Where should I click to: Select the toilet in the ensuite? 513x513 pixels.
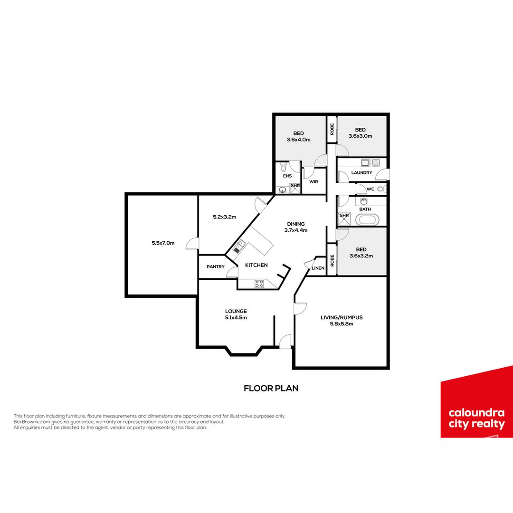(284, 167)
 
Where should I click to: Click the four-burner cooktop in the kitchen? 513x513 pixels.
(259, 284)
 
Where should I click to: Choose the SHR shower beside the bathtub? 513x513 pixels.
(344, 218)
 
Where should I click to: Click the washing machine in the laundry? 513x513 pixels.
(376, 162)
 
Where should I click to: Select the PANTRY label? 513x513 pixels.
(216, 267)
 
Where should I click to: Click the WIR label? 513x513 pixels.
(313, 181)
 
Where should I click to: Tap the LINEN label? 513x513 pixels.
(318, 268)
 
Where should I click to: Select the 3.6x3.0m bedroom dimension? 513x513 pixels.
(361, 136)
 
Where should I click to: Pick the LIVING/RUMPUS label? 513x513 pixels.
(342, 317)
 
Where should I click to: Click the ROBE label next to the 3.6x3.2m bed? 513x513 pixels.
(332, 260)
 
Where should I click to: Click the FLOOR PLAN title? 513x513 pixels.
(271, 388)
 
